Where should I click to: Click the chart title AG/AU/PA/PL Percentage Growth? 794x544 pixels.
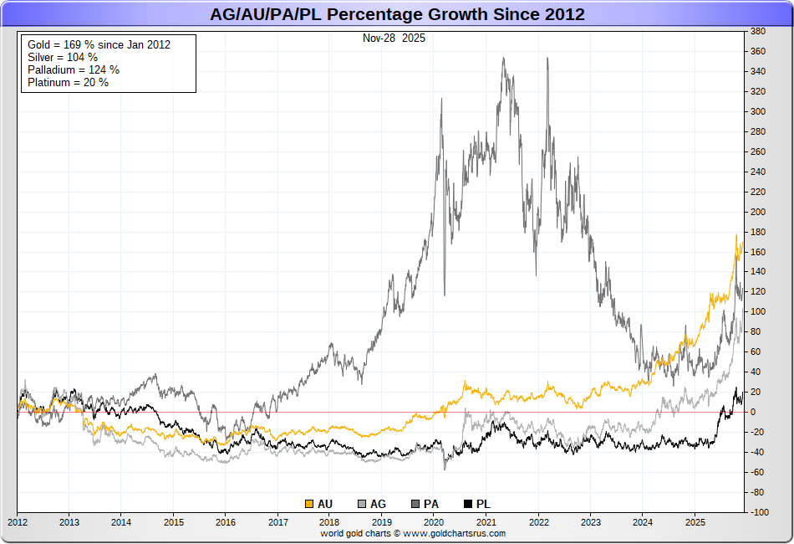(x=397, y=14)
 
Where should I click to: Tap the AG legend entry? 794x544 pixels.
(x=372, y=504)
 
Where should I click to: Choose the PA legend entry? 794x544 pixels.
(x=425, y=504)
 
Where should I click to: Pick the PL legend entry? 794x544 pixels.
(x=476, y=504)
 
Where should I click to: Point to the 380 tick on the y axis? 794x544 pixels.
(x=758, y=31)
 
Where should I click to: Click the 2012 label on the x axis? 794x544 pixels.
(x=18, y=522)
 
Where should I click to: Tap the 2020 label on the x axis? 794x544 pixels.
(x=434, y=522)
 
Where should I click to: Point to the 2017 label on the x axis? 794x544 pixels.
(x=277, y=522)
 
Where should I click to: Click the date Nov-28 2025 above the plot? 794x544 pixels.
(x=393, y=38)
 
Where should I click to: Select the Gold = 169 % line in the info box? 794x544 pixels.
(x=99, y=44)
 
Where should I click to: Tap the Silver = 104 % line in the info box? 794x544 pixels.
(x=62, y=57)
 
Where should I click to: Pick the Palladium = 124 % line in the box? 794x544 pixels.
(x=74, y=69)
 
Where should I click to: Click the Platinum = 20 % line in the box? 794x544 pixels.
(x=68, y=82)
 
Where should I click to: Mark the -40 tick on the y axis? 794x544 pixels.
(x=758, y=452)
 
